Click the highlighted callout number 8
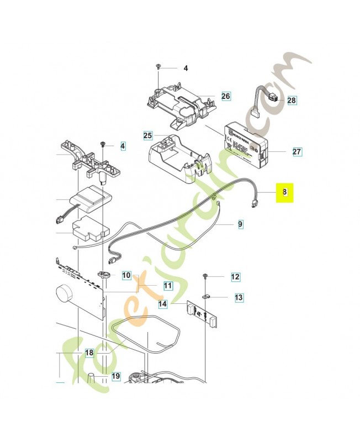click(x=285, y=192)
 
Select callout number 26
click(x=225, y=96)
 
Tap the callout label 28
click(x=292, y=101)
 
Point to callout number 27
click(x=297, y=151)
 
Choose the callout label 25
click(x=147, y=135)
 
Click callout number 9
click(x=240, y=224)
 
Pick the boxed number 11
click(x=167, y=286)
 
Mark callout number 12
click(x=235, y=276)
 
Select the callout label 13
click(x=239, y=298)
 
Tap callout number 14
click(x=162, y=304)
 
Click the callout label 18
click(x=89, y=352)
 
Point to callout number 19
click(x=115, y=376)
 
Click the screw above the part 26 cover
click(x=158, y=67)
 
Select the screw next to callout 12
click(x=205, y=276)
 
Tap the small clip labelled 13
click(x=206, y=296)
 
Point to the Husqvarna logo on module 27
click(x=237, y=134)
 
